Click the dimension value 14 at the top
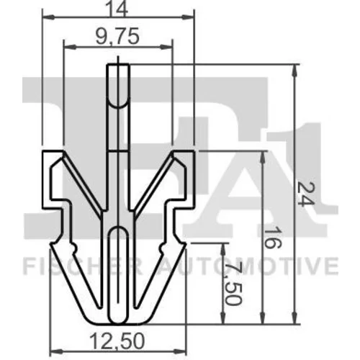(117, 9)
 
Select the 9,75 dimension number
(117, 36)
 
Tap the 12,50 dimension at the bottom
(117, 341)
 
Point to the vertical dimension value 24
(305, 194)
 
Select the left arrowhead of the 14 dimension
(48, 17)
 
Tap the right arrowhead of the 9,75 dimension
(166, 47)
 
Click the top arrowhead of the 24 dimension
(295, 71)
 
